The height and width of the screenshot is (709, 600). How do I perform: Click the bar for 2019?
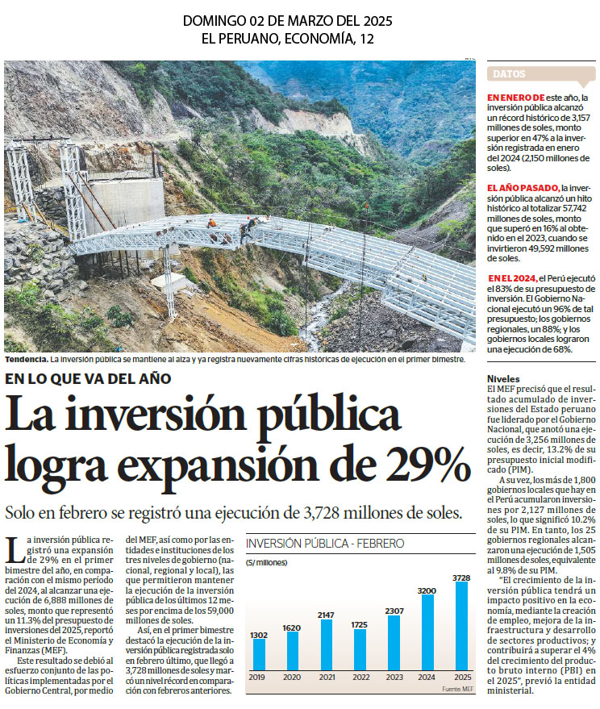pos(259,654)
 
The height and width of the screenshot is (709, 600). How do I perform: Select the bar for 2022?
pos(360,649)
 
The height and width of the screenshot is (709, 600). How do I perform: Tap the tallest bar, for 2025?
pos(461,626)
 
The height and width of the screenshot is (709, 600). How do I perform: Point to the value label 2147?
pos(326,615)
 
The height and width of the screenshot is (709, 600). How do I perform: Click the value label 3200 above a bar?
pos(427,590)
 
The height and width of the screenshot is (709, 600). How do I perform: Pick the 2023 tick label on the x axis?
pos(394,677)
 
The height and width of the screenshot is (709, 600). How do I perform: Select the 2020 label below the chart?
pos(292,677)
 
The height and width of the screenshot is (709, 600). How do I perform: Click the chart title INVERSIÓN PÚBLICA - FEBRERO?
pos(325,543)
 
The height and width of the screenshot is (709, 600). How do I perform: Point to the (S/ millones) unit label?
pos(266,562)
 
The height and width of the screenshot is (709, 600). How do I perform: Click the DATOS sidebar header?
pos(509,73)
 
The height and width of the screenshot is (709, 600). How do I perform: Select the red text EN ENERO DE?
pos(515,98)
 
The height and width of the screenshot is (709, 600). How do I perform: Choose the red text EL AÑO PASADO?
pos(523,188)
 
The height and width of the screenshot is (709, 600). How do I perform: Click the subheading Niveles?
pos(503,379)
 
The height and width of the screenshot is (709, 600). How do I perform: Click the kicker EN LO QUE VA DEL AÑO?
pos(88,378)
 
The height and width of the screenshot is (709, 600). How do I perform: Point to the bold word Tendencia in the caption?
pos(27,360)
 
